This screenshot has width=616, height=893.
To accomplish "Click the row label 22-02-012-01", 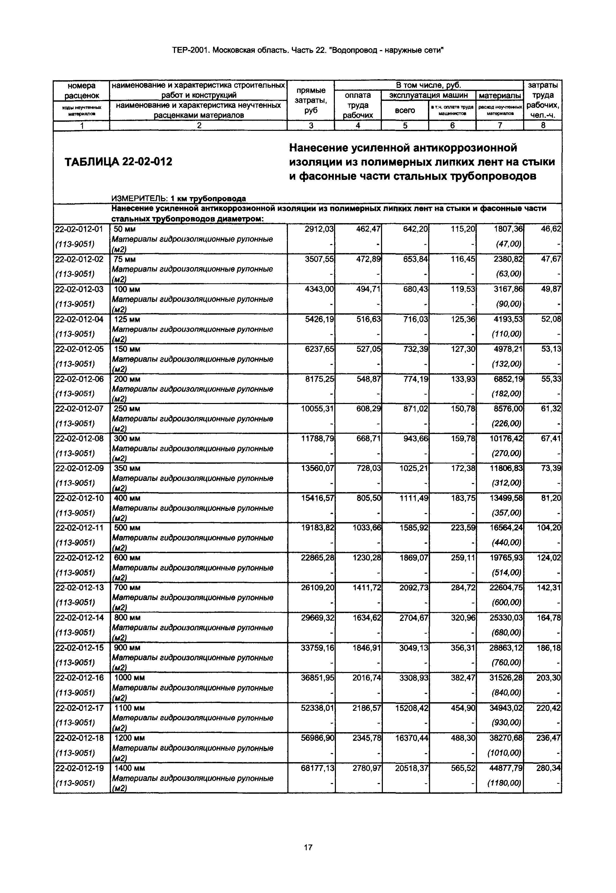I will (x=80, y=229).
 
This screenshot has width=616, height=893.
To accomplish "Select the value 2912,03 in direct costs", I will (x=319, y=229).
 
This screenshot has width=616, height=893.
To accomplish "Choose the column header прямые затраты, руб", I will (x=311, y=101).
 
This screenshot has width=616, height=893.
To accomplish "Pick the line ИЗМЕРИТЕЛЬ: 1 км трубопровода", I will (x=178, y=199).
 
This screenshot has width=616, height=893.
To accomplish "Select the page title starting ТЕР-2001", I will (x=308, y=50).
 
